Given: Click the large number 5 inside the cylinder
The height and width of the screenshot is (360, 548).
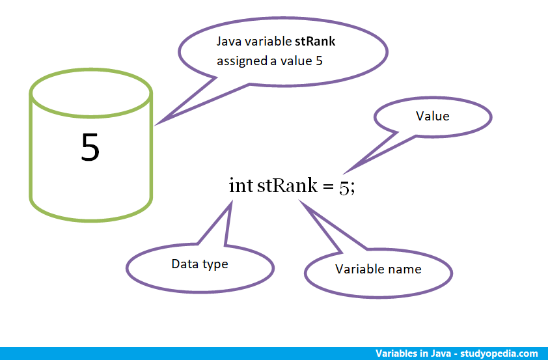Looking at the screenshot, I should (x=90, y=148).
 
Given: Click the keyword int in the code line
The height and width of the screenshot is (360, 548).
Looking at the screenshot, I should (x=240, y=185).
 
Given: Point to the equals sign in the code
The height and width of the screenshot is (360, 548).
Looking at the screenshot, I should (x=327, y=186).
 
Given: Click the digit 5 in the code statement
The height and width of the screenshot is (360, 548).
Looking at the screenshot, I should (x=344, y=187).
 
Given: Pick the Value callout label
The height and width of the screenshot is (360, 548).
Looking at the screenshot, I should (x=432, y=116).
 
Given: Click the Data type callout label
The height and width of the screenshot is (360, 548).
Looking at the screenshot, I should (x=200, y=264).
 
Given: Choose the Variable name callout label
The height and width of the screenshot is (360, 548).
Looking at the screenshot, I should (x=377, y=269).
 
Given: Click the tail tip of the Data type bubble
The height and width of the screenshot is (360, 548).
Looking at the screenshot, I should (x=231, y=202).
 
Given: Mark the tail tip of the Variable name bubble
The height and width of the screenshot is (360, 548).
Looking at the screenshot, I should (x=300, y=201).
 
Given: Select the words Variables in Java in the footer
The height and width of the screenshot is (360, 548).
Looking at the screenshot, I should (x=413, y=353).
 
